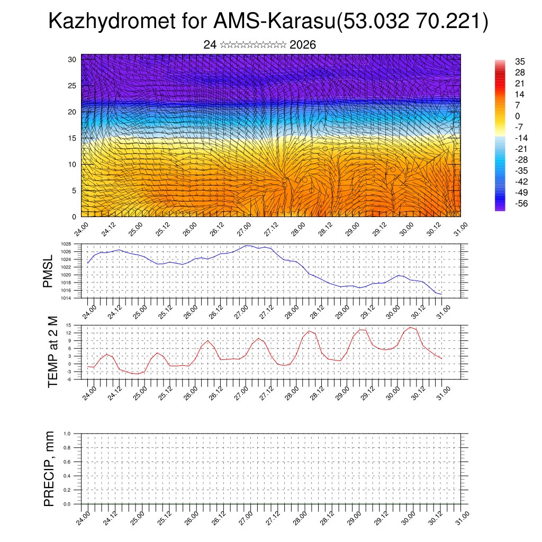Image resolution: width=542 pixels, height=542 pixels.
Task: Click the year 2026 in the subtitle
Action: point(303,45)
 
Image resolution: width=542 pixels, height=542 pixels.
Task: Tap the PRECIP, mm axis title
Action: point(49,468)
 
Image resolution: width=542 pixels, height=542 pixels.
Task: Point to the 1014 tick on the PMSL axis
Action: point(66,298)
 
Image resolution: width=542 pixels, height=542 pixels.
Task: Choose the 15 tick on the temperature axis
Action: point(68,325)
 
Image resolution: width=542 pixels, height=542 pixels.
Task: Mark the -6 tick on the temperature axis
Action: point(68,379)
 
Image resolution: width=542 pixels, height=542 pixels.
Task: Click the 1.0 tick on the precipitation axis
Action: point(67,433)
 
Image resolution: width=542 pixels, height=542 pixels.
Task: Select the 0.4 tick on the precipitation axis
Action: point(67,476)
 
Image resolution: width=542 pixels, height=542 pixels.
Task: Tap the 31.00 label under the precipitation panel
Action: point(462,518)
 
